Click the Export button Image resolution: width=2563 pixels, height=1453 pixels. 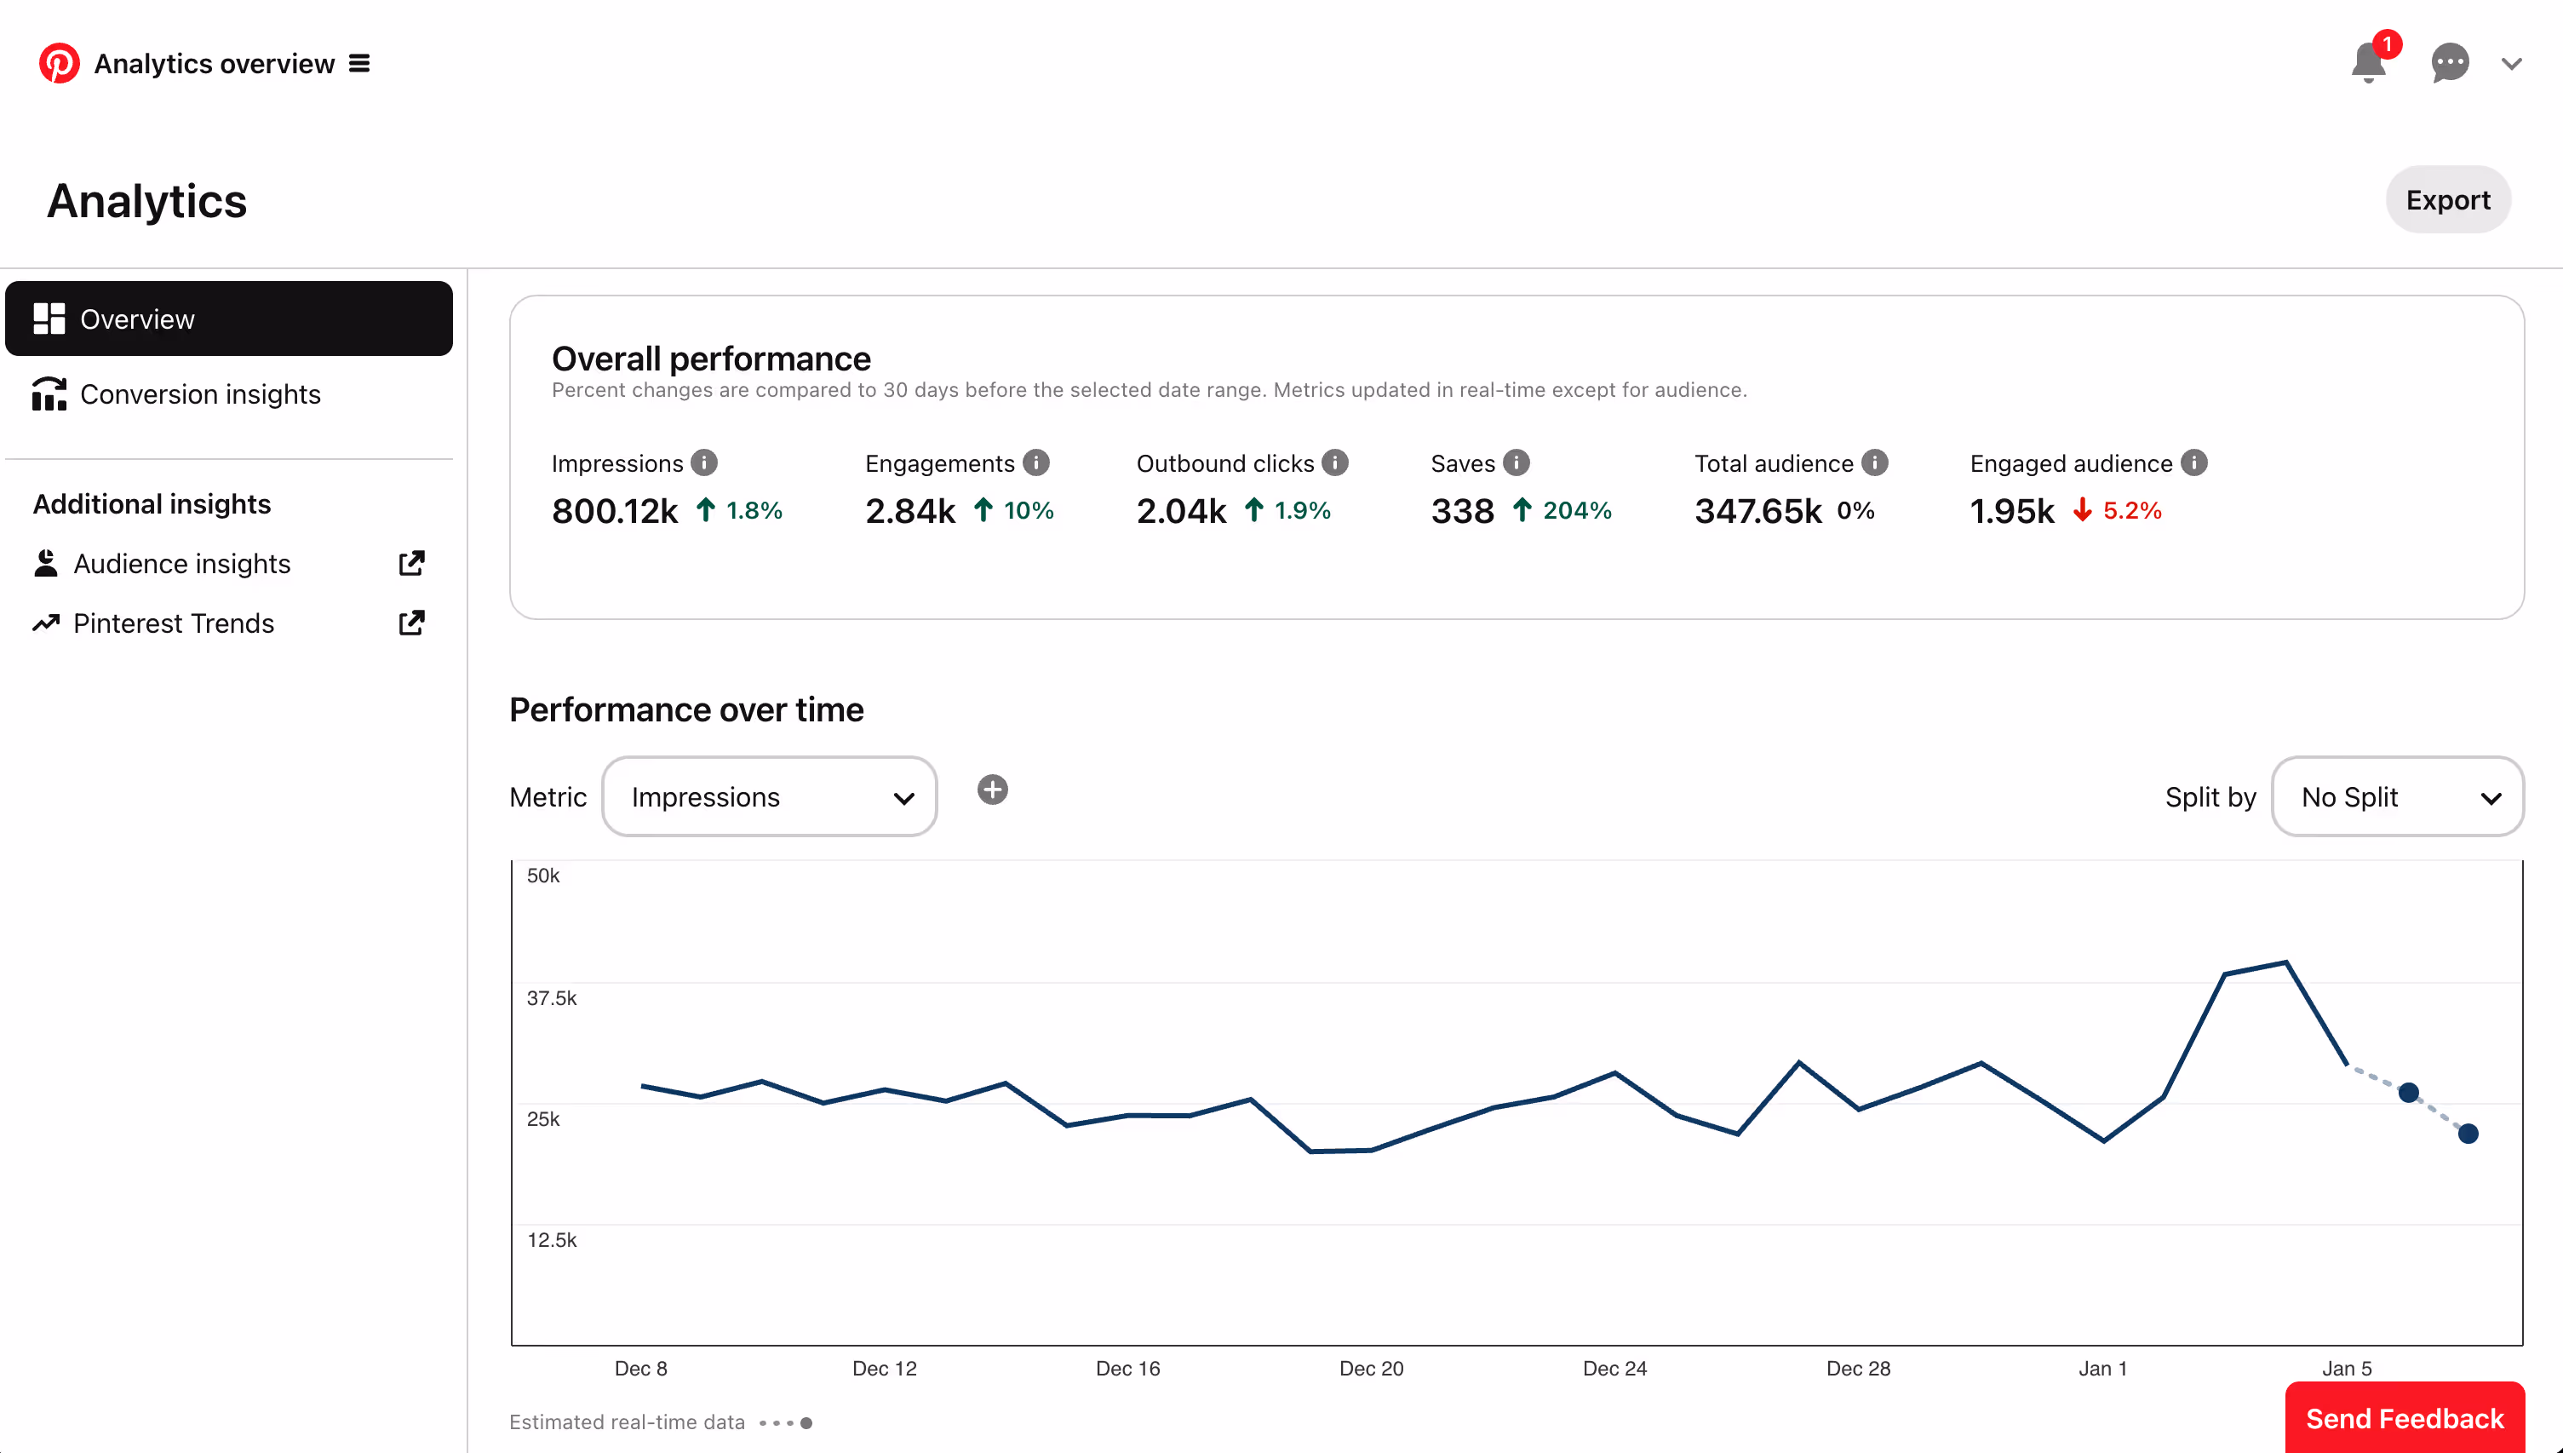pyautogui.click(x=2447, y=201)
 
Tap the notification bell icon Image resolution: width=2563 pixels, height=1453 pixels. pyautogui.click(x=2367, y=64)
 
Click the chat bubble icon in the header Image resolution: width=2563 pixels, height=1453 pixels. pyautogui.click(x=2449, y=63)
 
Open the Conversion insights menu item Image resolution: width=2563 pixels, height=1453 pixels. pyautogui.click(x=199, y=394)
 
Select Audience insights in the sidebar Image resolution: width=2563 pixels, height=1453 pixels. pyautogui.click(x=181, y=564)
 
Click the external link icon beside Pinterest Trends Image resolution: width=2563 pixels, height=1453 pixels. pyautogui.click(x=411, y=623)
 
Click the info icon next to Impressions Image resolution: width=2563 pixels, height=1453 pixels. pyautogui.click(x=704, y=463)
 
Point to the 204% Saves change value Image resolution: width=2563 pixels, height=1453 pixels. pyautogui.click(x=1576, y=511)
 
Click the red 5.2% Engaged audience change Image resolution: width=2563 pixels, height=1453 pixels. pyautogui.click(x=2131, y=511)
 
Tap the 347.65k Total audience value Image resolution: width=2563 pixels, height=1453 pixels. pyautogui.click(x=1757, y=511)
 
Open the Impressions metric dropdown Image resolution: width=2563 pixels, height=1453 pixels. pyautogui.click(x=769, y=796)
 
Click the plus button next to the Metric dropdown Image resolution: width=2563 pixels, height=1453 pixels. pyautogui.click(x=992, y=790)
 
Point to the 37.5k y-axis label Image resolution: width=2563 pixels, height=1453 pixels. pyautogui.click(x=552, y=998)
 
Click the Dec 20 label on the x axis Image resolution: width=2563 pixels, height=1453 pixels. pyautogui.click(x=1371, y=1368)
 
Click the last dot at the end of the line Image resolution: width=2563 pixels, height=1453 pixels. pyautogui.click(x=2468, y=1134)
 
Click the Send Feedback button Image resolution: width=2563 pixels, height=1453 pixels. pyautogui.click(x=2405, y=1418)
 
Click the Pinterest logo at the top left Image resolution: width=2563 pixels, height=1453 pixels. pyautogui.click(x=59, y=63)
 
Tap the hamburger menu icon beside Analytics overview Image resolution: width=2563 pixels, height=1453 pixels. pyautogui.click(x=359, y=64)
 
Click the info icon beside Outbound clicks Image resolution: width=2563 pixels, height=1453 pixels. pyautogui.click(x=1335, y=463)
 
